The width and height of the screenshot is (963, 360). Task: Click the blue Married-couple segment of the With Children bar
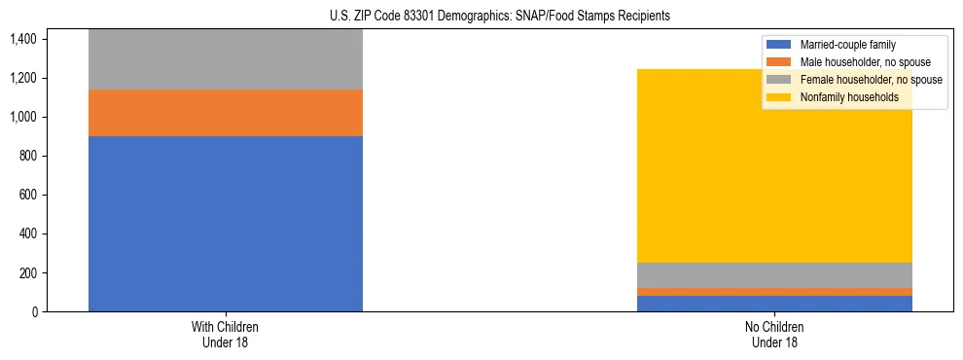[226, 224]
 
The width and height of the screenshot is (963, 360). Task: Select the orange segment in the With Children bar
[226, 113]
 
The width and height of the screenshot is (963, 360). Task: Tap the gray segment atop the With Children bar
[226, 59]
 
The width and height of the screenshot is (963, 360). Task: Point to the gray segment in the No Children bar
[775, 275]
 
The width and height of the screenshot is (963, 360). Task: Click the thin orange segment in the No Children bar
[775, 292]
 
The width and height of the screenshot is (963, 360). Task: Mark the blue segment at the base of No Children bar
[775, 304]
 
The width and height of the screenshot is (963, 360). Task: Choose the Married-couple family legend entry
[847, 45]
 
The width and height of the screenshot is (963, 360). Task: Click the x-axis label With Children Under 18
[226, 335]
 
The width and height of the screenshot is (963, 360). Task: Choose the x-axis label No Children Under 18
[775, 335]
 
